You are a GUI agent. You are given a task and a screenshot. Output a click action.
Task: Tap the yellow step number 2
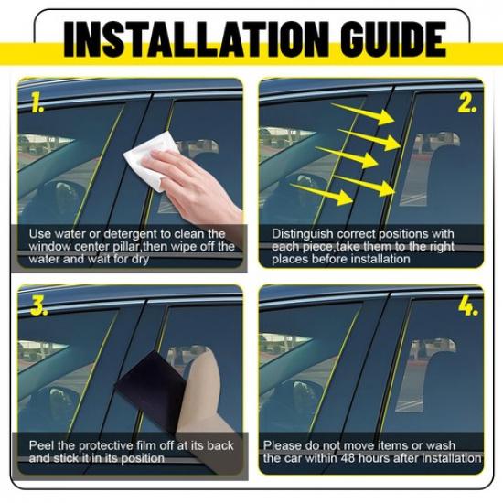[x=467, y=102]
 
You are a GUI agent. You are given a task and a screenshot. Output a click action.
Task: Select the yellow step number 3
[x=37, y=306]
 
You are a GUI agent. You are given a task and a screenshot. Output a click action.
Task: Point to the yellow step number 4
[x=468, y=306]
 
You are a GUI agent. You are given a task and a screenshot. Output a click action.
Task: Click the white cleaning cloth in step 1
[x=152, y=157]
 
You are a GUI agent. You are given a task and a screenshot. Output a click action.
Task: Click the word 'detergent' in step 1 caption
[x=123, y=234]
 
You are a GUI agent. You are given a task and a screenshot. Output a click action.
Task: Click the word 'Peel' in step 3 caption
[x=41, y=445]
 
